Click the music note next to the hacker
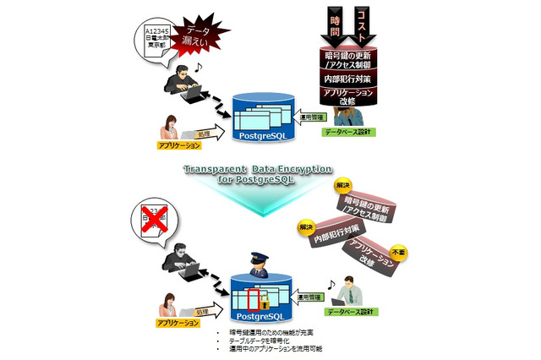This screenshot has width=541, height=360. click(x=199, y=66)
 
